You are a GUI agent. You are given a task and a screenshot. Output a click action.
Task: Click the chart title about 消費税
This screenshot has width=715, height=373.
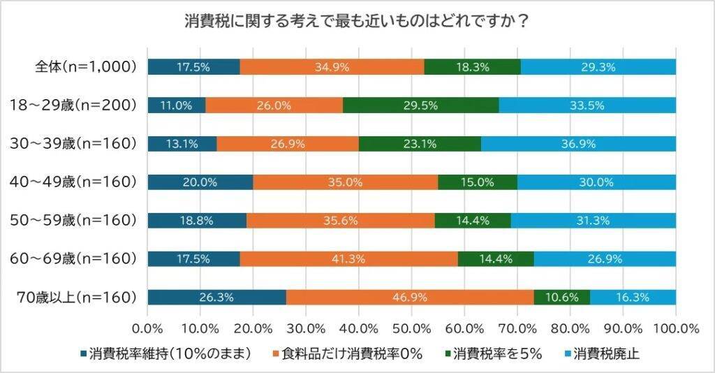(x=357, y=20)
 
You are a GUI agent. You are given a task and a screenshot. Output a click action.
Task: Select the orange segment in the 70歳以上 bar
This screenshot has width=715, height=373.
(x=410, y=297)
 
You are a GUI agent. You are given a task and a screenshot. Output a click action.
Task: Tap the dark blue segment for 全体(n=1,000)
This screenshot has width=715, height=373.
(x=193, y=67)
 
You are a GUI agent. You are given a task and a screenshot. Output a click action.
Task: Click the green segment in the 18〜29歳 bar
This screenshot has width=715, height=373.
(x=421, y=105)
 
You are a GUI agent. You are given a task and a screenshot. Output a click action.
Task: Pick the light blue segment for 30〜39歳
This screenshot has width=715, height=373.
(x=578, y=144)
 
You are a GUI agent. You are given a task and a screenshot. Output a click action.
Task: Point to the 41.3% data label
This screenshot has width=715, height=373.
(x=348, y=258)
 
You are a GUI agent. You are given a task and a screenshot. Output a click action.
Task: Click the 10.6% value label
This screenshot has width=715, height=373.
(x=561, y=297)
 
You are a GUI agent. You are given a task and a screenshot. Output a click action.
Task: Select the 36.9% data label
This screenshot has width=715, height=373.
(x=578, y=144)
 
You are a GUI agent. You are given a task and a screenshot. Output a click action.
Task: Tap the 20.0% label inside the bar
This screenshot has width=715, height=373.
(x=200, y=182)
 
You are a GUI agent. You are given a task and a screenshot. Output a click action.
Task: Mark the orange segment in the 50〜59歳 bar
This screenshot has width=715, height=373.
(x=340, y=220)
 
